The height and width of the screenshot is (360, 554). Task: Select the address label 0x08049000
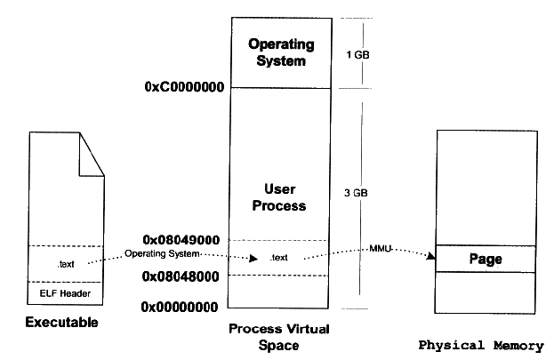tap(183, 239)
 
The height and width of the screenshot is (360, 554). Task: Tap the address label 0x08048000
tap(183, 276)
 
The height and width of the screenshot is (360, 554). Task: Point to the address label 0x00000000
tap(183, 307)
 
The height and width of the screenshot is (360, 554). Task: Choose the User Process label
tap(279, 197)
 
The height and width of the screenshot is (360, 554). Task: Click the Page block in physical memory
tap(486, 260)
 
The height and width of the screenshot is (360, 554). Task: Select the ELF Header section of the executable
tap(65, 293)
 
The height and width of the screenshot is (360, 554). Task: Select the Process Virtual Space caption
tap(279, 336)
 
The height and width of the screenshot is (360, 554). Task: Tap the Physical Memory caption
tap(486, 345)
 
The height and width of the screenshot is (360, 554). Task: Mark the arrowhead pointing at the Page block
tap(432, 258)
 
